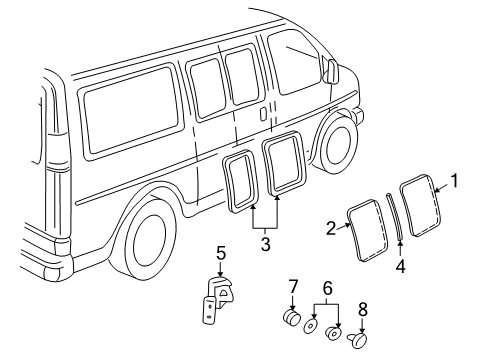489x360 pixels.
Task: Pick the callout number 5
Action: coord(221,253)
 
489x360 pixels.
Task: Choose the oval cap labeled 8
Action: coord(359,341)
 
